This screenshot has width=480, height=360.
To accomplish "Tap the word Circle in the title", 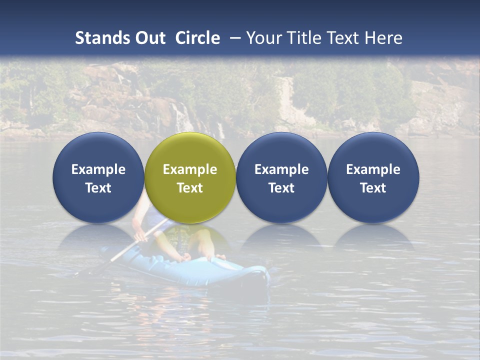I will click(x=197, y=38).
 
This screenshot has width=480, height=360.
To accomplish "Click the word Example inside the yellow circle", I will click(x=190, y=169).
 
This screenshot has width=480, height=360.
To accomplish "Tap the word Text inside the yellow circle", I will click(x=190, y=188).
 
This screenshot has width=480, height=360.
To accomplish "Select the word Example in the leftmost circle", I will click(x=98, y=169).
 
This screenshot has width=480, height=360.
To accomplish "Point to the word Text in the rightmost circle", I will click(x=373, y=188).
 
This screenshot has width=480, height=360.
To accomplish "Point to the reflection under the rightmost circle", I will click(x=373, y=237).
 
